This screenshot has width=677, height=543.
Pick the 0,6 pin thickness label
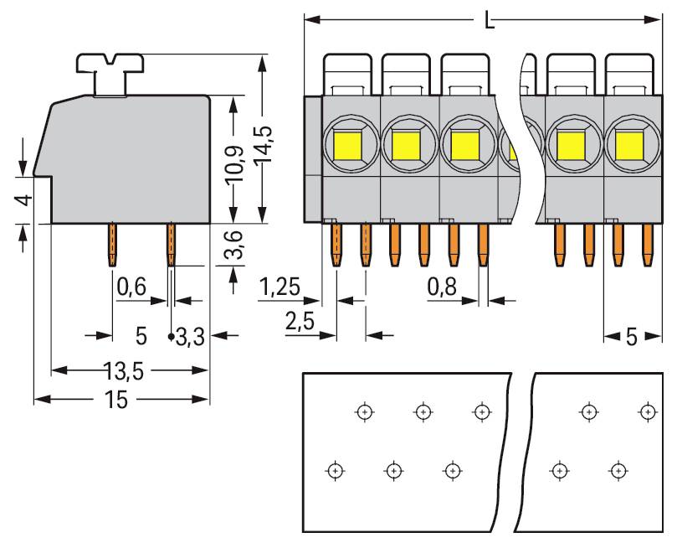click(x=131, y=287)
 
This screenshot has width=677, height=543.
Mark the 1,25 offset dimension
click(x=280, y=287)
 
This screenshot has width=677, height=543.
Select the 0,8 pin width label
click(x=442, y=287)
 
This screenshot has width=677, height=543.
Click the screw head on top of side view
click(x=110, y=65)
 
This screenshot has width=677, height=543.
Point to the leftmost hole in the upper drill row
click(x=363, y=411)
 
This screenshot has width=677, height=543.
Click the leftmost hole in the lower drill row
click(x=335, y=469)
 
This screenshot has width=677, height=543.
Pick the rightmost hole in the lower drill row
click(x=618, y=469)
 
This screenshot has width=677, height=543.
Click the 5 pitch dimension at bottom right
click(x=631, y=337)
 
